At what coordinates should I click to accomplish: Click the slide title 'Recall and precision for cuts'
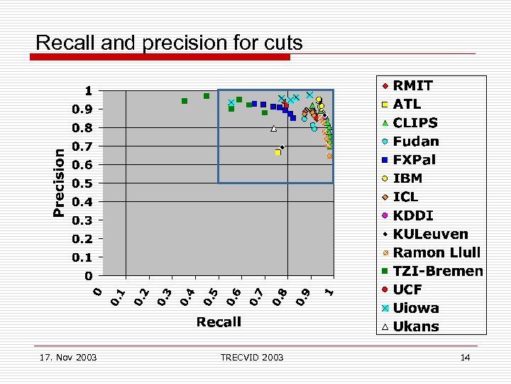pos(169,43)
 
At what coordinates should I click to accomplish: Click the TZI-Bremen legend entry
pos(437,271)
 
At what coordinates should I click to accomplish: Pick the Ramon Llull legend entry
pos(436,252)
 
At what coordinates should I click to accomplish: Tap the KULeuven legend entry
pos(430,234)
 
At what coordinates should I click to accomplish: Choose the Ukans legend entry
pos(416,326)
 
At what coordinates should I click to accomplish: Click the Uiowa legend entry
pos(416,308)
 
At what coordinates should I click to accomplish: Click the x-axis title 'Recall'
pos(219,322)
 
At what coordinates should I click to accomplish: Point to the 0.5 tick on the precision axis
pos(84,183)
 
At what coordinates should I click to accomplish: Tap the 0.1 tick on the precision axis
pos(84,257)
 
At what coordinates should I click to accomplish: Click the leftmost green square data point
pos(185,101)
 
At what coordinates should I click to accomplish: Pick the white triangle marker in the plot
pos(274,129)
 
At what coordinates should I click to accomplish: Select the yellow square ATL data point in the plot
pos(278,152)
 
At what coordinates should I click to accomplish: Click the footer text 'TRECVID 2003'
pos(251,357)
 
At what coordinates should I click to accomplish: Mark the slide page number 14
pos(465,357)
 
